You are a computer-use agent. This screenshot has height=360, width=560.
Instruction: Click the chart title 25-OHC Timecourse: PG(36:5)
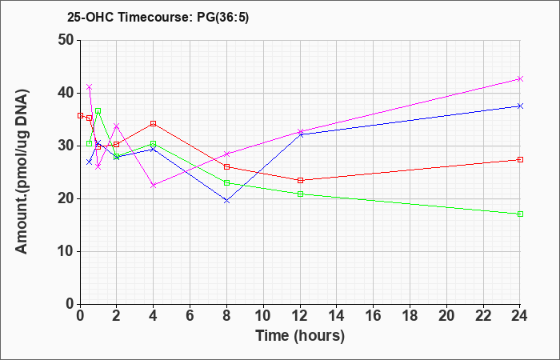point(158,18)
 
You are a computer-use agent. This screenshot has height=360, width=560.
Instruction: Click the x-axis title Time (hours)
point(300,336)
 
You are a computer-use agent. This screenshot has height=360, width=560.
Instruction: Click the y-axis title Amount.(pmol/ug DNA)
point(22,172)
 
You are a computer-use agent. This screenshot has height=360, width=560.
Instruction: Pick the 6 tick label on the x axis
point(190,315)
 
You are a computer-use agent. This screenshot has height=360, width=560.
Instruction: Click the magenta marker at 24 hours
point(520,78)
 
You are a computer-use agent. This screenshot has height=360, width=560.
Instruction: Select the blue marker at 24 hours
point(520,106)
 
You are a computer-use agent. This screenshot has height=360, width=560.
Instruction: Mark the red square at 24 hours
point(520,160)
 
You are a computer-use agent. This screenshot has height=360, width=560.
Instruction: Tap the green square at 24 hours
point(520,214)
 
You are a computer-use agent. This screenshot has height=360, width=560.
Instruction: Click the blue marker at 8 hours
point(226,201)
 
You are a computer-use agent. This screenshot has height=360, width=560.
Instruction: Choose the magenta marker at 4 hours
point(154,186)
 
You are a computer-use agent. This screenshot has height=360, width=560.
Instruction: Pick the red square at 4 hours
point(154,123)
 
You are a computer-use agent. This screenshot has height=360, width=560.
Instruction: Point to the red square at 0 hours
point(80,116)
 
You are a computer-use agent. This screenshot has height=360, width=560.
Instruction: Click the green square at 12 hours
point(300,194)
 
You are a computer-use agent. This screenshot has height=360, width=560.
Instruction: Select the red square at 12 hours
point(300,180)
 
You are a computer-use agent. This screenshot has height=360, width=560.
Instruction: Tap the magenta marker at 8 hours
point(226,154)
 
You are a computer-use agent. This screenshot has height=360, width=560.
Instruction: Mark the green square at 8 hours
point(226,183)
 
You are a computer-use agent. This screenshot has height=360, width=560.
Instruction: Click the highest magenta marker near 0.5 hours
point(90,86)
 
